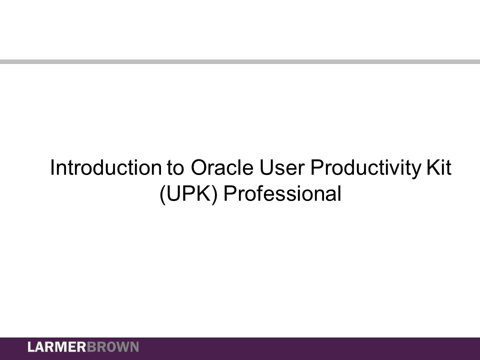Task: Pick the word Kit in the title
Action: click(438, 168)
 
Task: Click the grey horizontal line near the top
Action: click(240, 61)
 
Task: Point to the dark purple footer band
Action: click(300, 348)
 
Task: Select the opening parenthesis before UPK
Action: click(162, 194)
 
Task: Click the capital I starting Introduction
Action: click(53, 168)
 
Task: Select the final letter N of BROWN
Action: click(134, 347)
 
